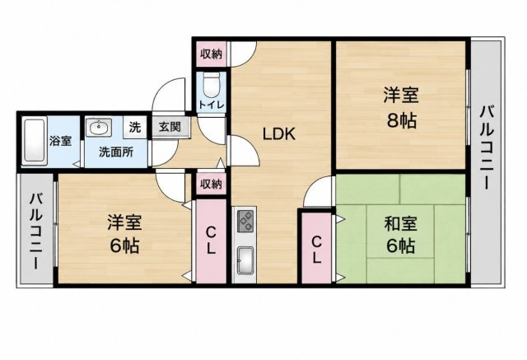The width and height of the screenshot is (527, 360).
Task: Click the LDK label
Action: point(279,134)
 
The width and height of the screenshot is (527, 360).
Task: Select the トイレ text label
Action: point(211,105)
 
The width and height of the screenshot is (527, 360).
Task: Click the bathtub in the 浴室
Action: point(34,142)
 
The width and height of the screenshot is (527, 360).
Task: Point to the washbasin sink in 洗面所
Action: point(99,128)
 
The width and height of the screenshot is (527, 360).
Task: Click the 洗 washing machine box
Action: point(135,127)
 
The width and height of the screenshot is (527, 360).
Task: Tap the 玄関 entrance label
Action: point(170,127)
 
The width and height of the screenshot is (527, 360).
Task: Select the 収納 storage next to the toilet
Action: point(212,54)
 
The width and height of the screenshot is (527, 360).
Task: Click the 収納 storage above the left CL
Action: point(212,185)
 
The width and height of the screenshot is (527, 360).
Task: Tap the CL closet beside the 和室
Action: point(316,248)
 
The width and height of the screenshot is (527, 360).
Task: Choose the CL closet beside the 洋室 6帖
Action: point(211,241)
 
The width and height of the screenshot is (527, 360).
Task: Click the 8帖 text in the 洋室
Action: point(401,120)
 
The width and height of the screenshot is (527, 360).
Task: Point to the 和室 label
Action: point(401,224)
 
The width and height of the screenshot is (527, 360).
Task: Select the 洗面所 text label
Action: point(116,152)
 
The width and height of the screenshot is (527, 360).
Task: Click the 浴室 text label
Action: point(60,141)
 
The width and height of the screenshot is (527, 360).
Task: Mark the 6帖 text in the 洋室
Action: point(124,245)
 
